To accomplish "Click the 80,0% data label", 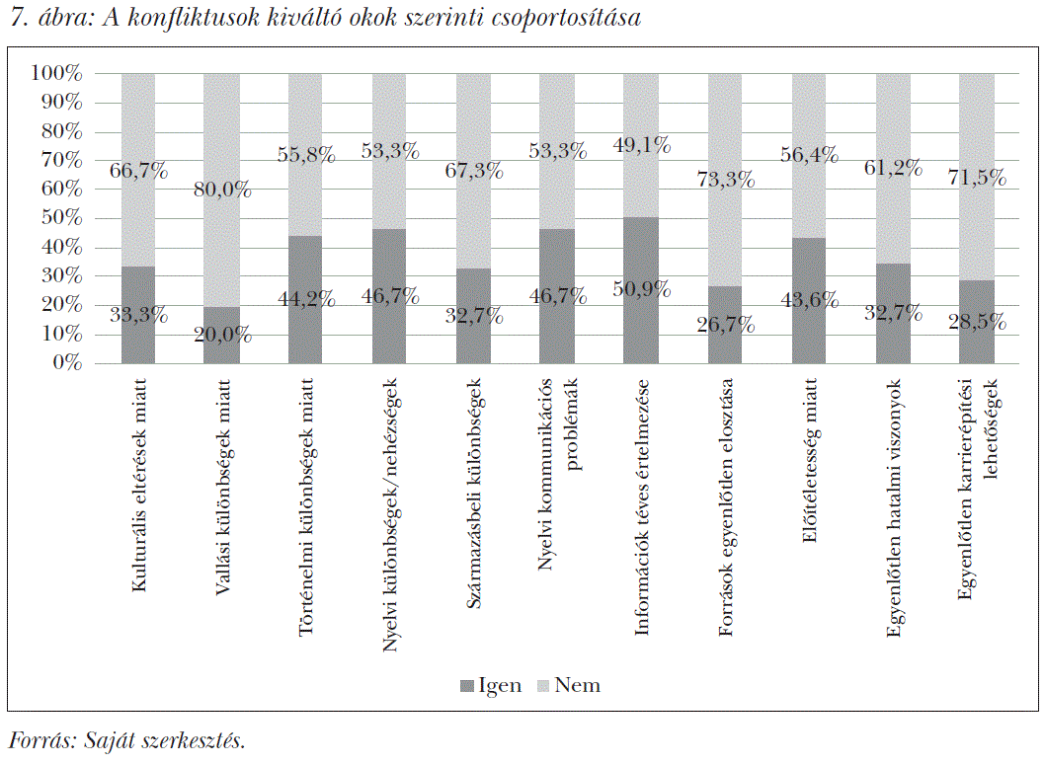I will tap(221, 191).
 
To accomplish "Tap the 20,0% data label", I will tap(221, 335).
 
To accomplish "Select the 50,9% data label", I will tap(642, 289).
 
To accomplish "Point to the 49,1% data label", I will tap(642, 145).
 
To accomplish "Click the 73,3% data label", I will tap(726, 179).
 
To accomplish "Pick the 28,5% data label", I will tap(978, 322).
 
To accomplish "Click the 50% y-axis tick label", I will tap(61, 218).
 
